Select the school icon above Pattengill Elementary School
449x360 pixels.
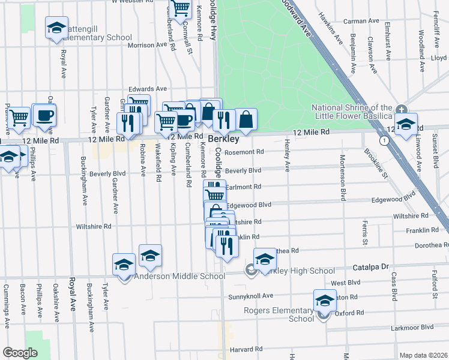[x=57, y=28]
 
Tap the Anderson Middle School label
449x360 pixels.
[x=179, y=277]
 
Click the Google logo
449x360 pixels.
[x=20, y=353]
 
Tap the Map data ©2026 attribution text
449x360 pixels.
[x=423, y=355]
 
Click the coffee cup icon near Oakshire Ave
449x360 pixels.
[x=43, y=115]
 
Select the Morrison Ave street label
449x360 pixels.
[x=146, y=45]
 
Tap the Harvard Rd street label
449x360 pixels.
[x=247, y=349]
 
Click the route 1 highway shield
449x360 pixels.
[x=383, y=140]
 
